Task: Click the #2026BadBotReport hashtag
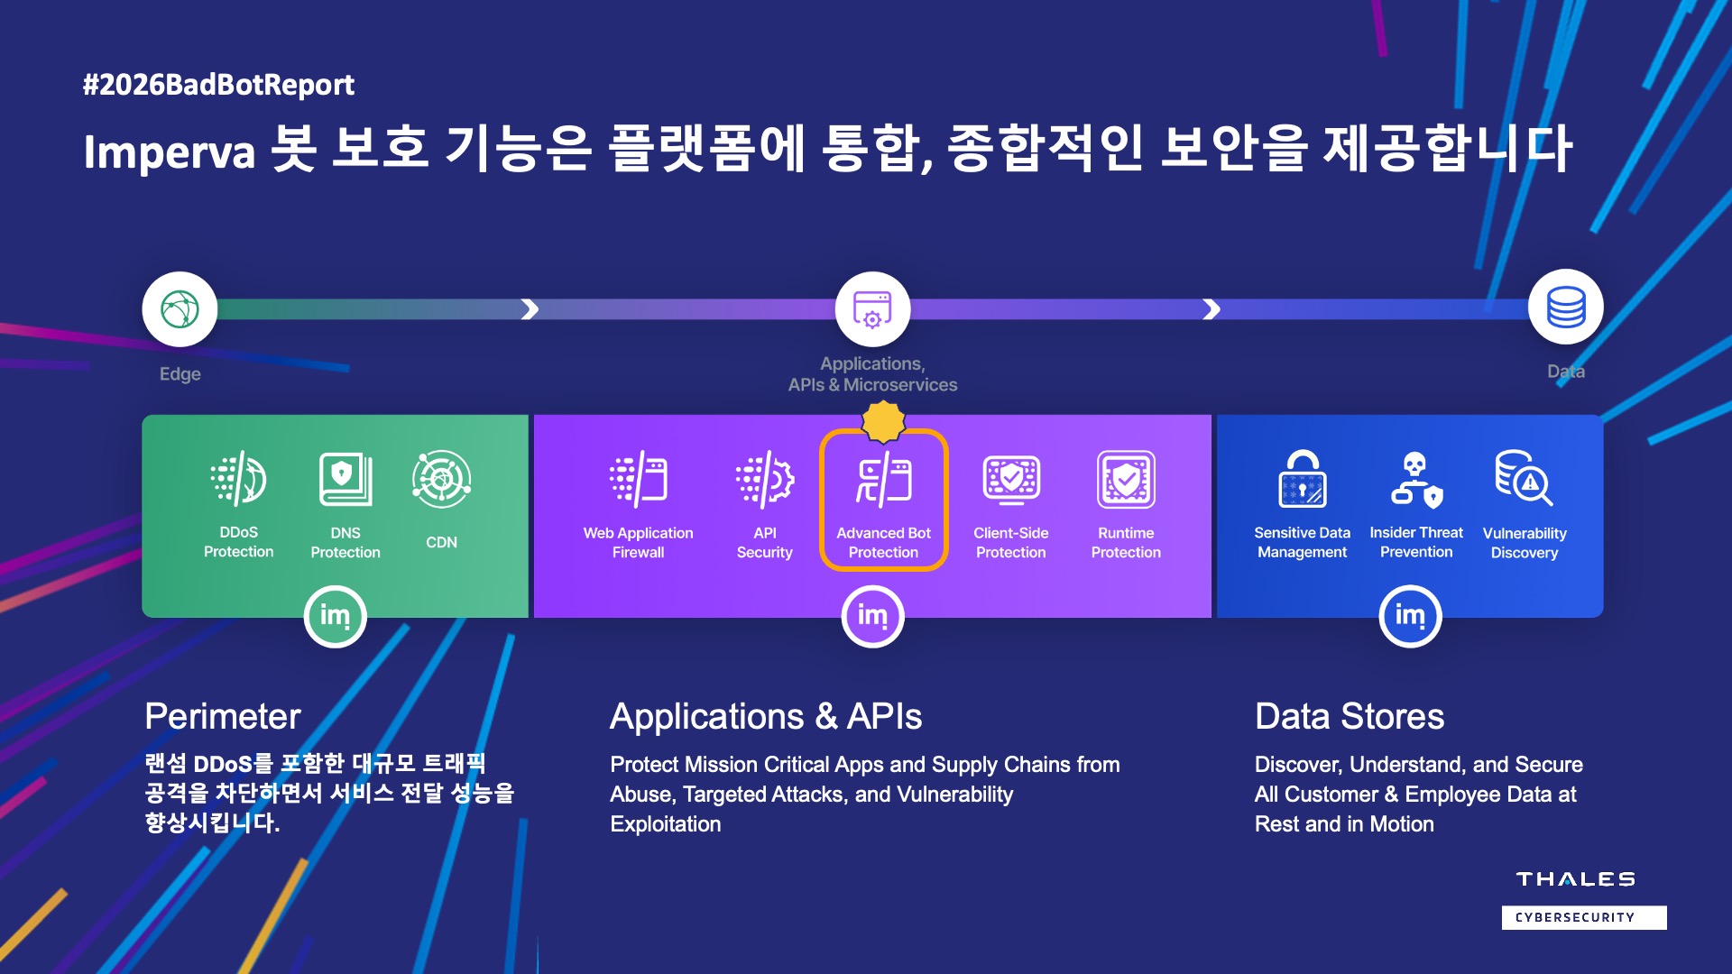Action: tap(218, 85)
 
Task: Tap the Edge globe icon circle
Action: tap(180, 309)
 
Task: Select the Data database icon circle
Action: tap(1566, 307)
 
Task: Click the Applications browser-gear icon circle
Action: tap(872, 309)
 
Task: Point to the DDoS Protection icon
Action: tap(238, 478)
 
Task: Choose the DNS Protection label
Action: tap(345, 543)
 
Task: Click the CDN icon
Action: tap(441, 479)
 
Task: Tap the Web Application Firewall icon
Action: tap(638, 479)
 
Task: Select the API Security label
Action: tap(765, 543)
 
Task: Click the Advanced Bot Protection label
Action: tap(883, 543)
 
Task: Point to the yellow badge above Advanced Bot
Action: tap(883, 421)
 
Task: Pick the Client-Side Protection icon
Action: tap(1011, 479)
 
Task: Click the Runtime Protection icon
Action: tap(1126, 479)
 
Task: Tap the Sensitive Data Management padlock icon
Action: tap(1303, 479)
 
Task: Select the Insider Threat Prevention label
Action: tap(1416, 542)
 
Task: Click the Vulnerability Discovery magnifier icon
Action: tap(1525, 478)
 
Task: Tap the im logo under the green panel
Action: tap(335, 617)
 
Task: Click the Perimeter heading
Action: tap(223, 716)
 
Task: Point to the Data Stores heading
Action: tap(1350, 716)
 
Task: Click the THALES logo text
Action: tap(1575, 879)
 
